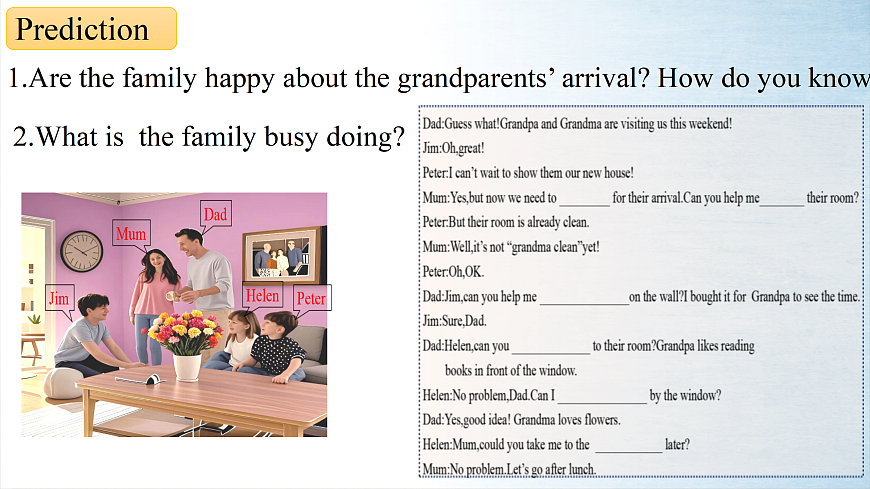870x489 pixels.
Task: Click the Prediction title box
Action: (92, 28)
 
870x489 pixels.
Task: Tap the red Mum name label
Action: (131, 234)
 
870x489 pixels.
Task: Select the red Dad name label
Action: (215, 214)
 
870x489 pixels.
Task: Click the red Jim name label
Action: (59, 299)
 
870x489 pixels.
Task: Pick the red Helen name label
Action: (262, 295)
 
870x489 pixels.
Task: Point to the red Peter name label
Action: (311, 298)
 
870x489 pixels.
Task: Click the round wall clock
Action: (82, 251)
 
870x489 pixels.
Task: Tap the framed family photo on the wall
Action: (283, 256)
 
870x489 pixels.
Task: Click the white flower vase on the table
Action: (187, 367)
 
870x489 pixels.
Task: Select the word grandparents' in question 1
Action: (476, 78)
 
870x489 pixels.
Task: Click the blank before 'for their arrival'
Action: (584, 204)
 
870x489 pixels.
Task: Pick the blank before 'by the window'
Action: (602, 401)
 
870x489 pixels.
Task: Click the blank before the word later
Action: (628, 451)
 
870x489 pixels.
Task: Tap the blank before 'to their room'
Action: (550, 352)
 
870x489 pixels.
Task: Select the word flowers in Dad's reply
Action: (602, 420)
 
